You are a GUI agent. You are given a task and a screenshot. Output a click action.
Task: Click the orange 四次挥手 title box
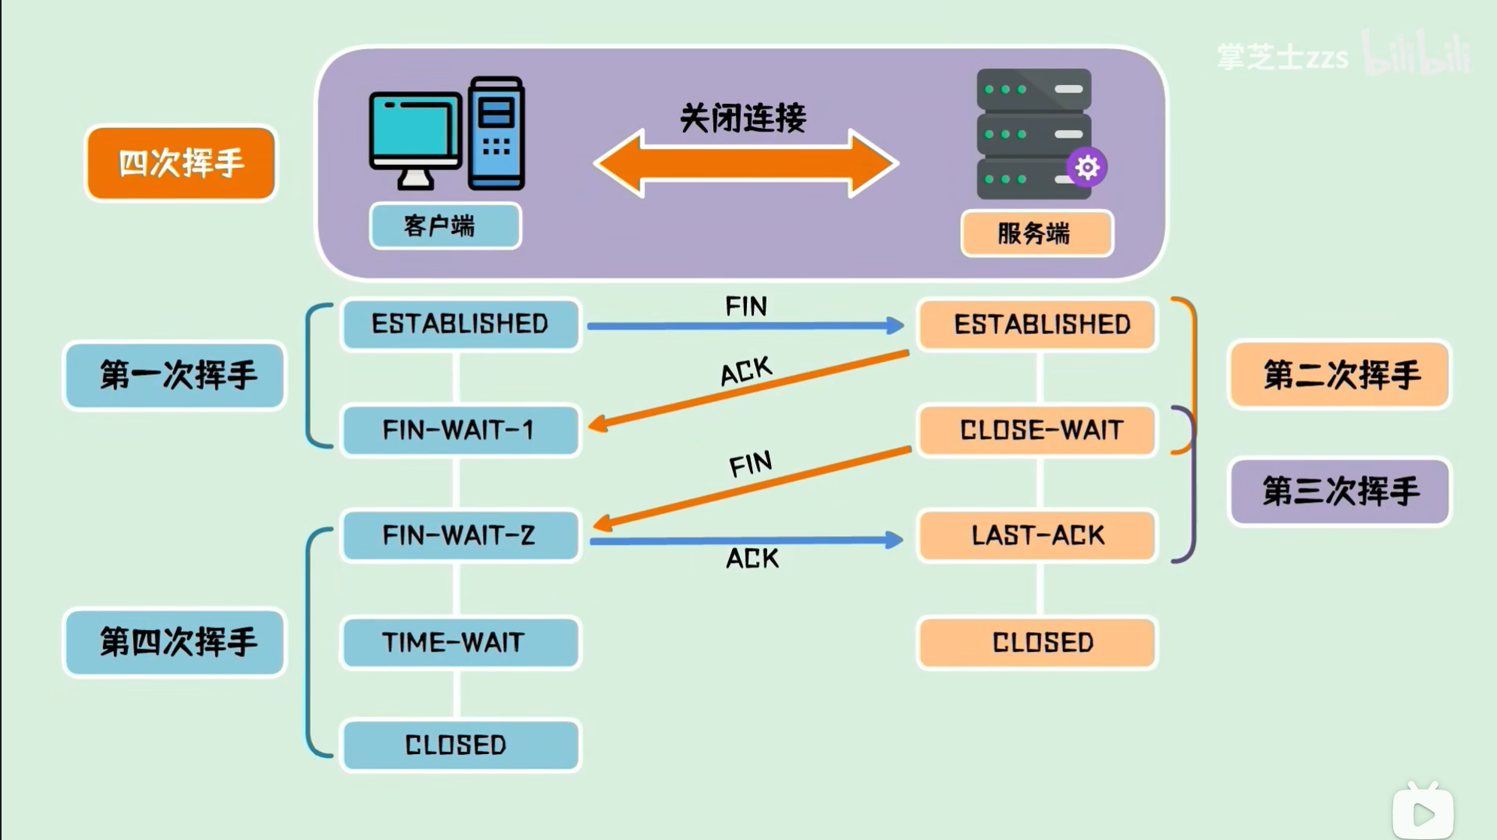pyautogui.click(x=181, y=163)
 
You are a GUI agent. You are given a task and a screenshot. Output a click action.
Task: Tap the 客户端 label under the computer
pyautogui.click(x=445, y=226)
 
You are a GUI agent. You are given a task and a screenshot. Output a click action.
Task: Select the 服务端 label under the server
pyautogui.click(x=1036, y=233)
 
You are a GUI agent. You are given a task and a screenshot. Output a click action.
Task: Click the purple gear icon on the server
pyautogui.click(x=1086, y=167)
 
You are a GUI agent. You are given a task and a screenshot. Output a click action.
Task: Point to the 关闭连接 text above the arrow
pyautogui.click(x=742, y=118)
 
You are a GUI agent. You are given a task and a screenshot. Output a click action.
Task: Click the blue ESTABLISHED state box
pyautogui.click(x=460, y=324)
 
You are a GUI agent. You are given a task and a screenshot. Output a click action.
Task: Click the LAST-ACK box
pyautogui.click(x=1037, y=535)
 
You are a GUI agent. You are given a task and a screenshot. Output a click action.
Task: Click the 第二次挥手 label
pyautogui.click(x=1339, y=375)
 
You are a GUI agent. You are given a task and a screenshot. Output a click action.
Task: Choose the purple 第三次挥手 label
pyautogui.click(x=1339, y=492)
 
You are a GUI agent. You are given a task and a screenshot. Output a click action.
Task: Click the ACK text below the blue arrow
pyautogui.click(x=752, y=558)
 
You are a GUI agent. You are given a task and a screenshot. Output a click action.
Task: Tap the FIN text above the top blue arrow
pyautogui.click(x=746, y=306)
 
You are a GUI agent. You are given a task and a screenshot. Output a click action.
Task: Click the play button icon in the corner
pyautogui.click(x=1423, y=813)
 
